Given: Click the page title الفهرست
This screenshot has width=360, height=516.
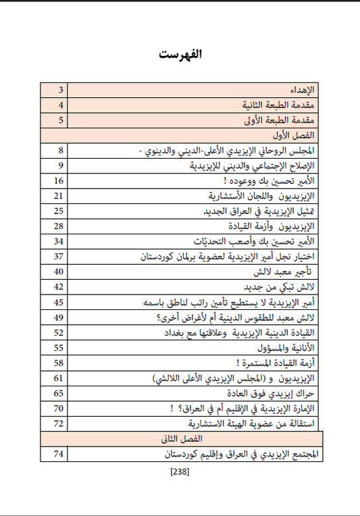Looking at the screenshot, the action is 180,53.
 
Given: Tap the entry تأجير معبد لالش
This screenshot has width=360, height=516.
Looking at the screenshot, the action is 282,272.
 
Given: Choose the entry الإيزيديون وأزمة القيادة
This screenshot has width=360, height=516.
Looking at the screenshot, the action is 276,226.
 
